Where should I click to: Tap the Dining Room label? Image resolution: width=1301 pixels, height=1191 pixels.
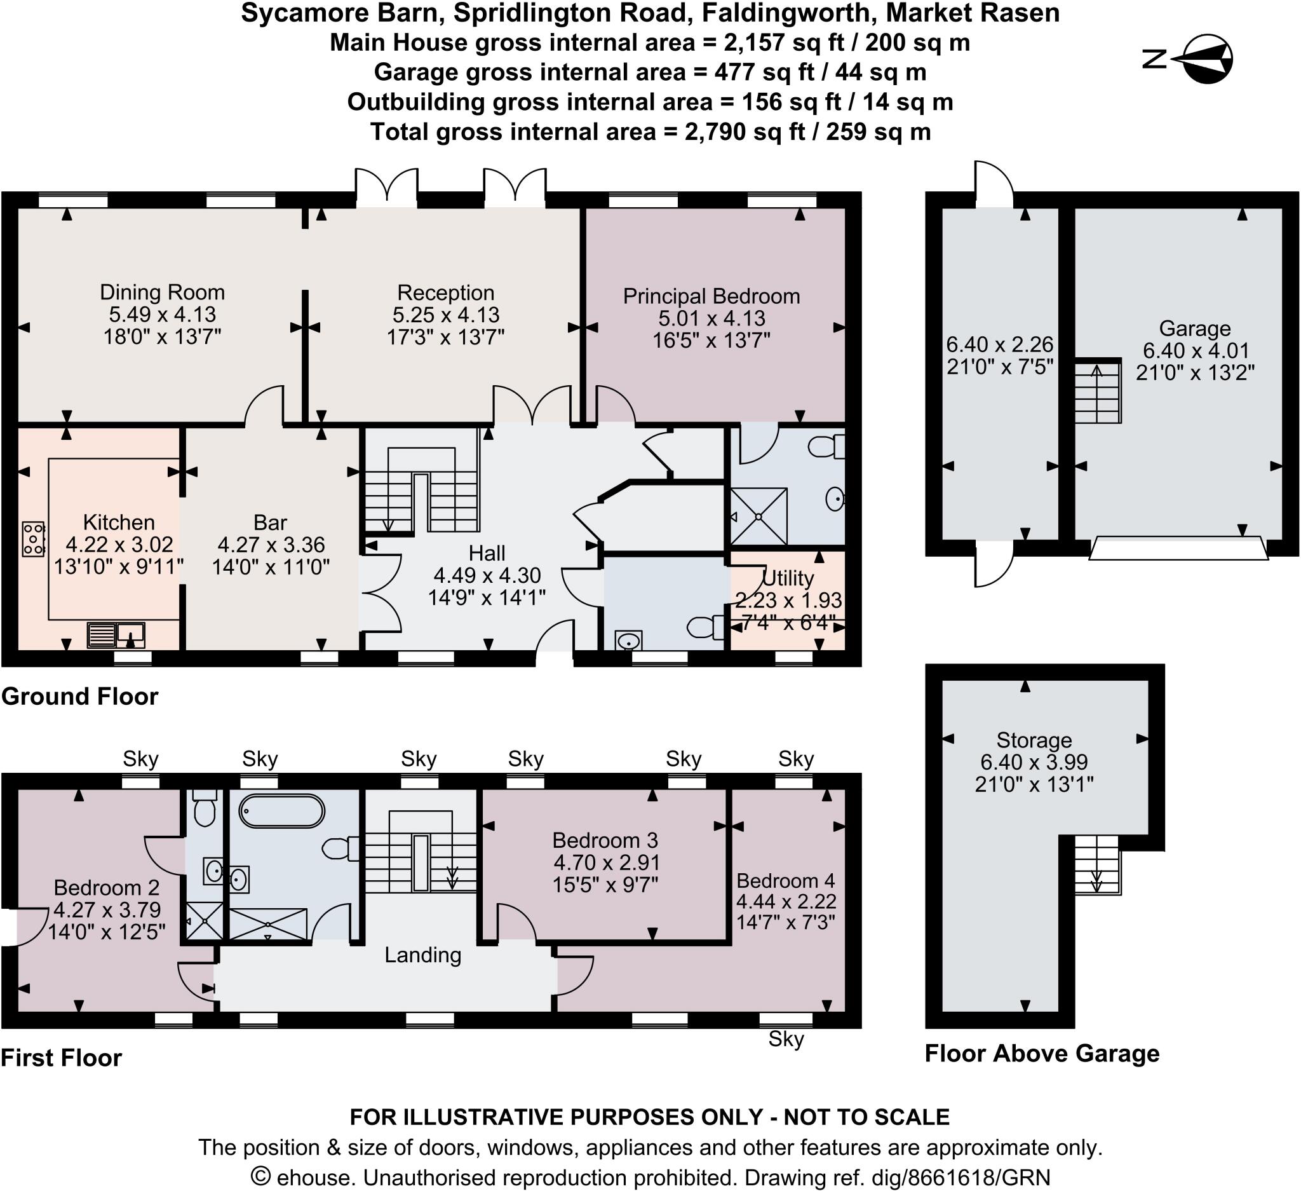(162, 292)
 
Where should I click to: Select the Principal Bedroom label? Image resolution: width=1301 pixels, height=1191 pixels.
(711, 296)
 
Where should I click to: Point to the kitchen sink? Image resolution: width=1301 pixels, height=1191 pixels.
(117, 634)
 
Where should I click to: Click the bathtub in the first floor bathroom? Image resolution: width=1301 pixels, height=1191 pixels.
(282, 811)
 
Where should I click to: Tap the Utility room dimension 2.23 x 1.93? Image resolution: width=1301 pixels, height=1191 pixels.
(788, 601)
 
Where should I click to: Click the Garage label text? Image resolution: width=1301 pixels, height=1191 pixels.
(1194, 329)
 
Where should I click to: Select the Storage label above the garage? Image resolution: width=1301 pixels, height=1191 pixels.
(1034, 740)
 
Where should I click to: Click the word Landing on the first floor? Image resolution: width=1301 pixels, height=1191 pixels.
(422, 955)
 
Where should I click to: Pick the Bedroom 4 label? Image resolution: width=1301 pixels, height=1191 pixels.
(785, 880)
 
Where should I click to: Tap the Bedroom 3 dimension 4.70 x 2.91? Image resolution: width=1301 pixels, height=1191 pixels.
(605, 862)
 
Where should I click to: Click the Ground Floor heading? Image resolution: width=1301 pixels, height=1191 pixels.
(80, 697)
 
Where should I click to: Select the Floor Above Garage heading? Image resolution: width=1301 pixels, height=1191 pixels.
(1042, 1054)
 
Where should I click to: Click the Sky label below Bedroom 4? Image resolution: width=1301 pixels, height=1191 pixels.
(785, 1039)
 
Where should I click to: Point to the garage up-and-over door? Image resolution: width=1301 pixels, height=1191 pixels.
(1178, 548)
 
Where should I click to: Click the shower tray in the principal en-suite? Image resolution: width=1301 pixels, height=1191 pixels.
(759, 517)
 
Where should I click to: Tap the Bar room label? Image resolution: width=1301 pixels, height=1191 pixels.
(271, 522)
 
